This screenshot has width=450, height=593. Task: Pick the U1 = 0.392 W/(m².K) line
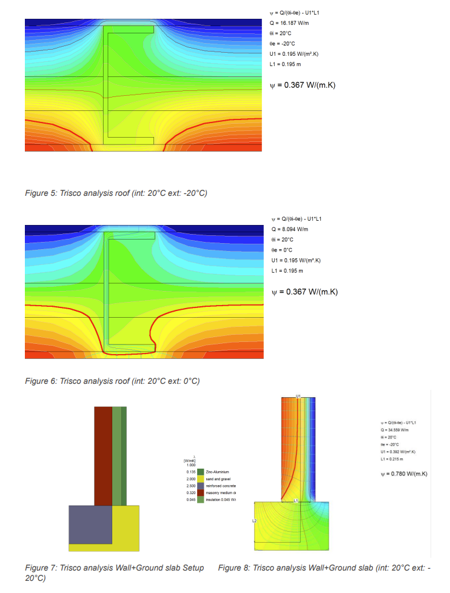coord(394,452)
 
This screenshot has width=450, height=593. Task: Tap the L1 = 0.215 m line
coord(388,458)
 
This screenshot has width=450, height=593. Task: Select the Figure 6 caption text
coord(112,381)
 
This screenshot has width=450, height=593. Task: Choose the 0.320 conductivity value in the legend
coord(190,493)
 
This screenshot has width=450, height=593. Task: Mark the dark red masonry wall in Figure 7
coord(103,455)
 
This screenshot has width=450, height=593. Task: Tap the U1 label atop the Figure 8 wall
coord(298,395)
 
